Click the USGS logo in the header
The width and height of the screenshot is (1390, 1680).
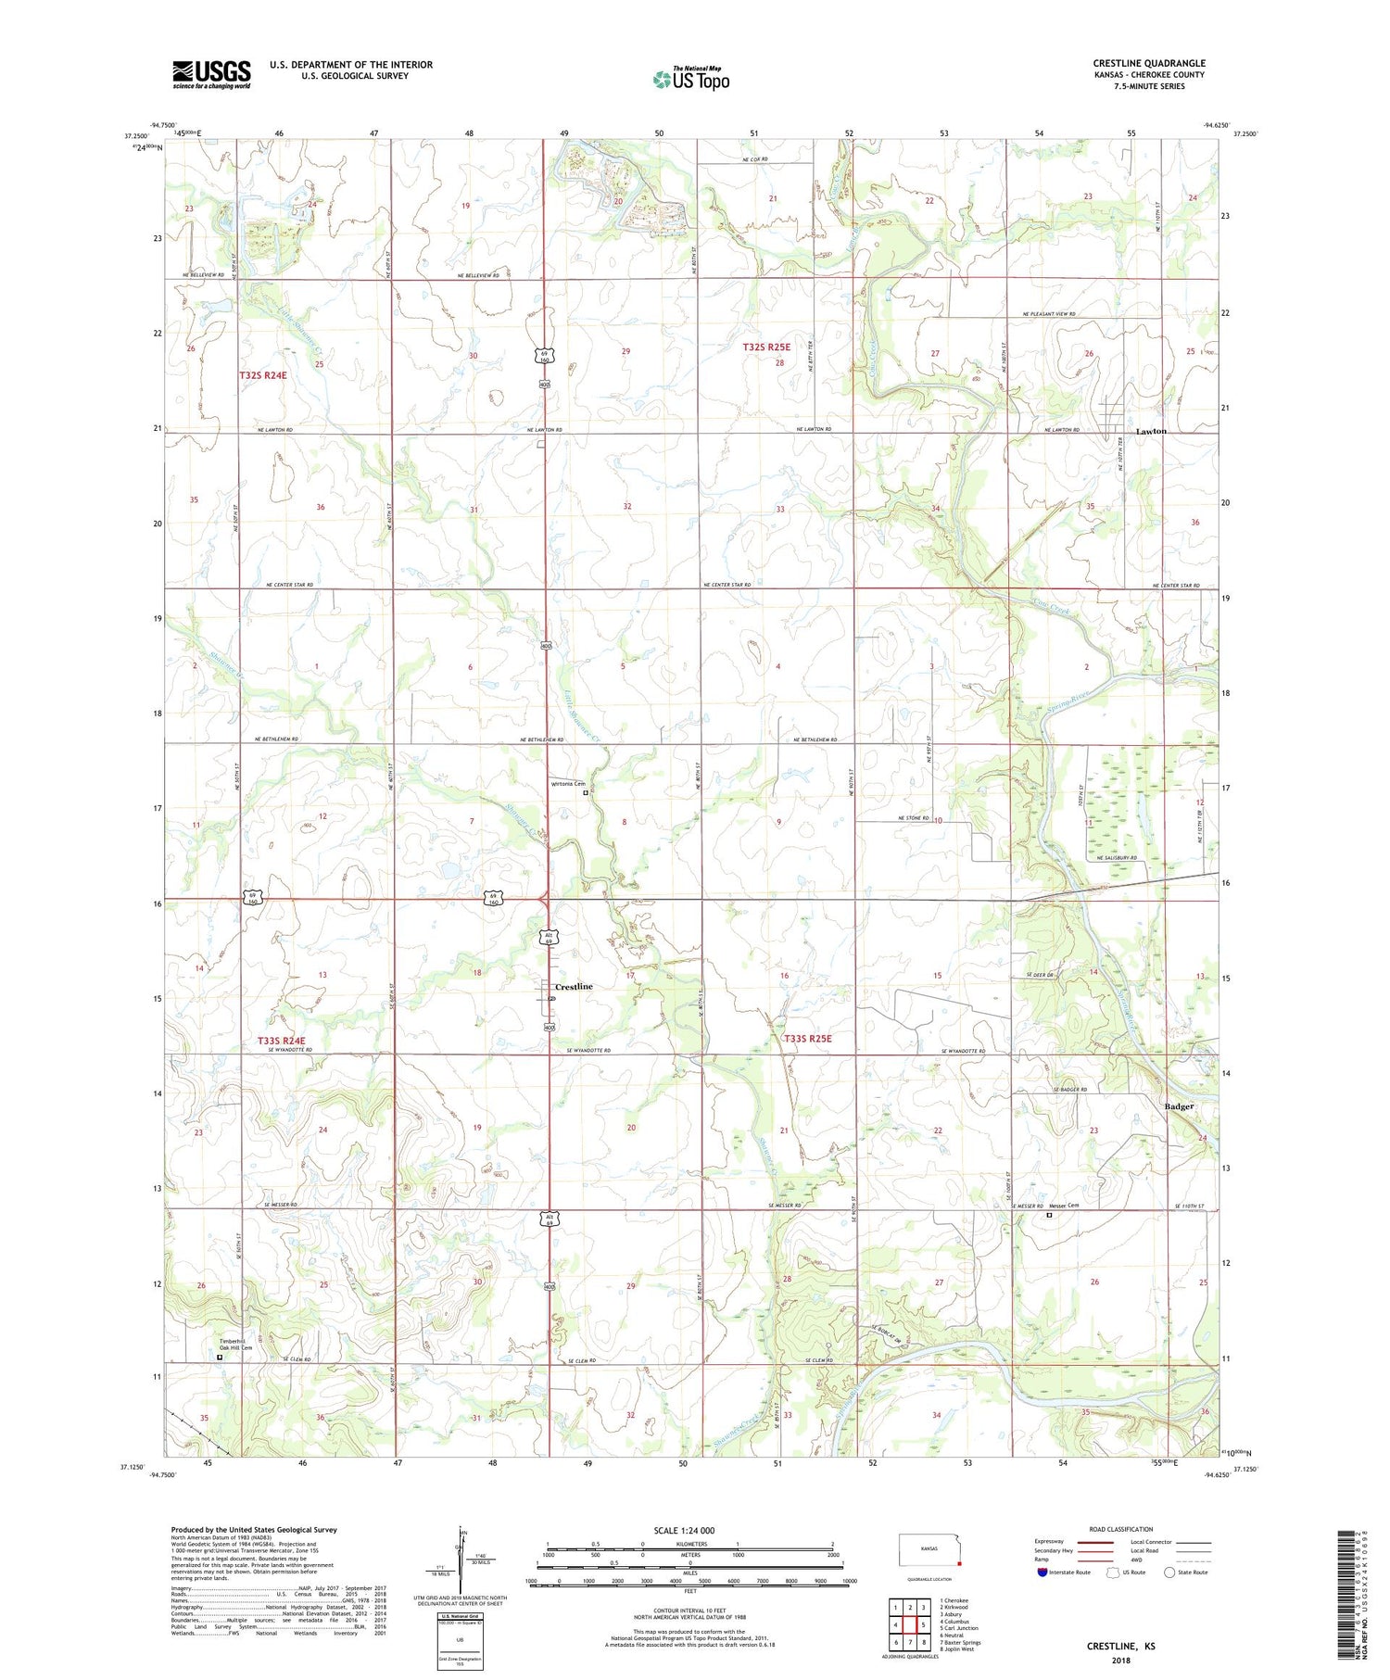tap(211, 74)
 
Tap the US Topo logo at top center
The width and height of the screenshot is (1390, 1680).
tap(690, 79)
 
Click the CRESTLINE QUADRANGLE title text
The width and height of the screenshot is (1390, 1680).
tap(1148, 63)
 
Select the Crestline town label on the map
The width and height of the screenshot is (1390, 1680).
tap(574, 987)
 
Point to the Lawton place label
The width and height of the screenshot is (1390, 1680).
tap(1151, 432)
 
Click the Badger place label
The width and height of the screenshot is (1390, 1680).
tap(1179, 1106)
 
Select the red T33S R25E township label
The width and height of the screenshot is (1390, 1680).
tap(807, 1039)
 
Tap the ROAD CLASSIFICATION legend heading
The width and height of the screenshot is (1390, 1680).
tap(1121, 1529)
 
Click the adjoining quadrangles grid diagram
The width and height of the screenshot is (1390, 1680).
tap(908, 1623)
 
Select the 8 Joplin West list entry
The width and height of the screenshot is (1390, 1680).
tap(956, 1649)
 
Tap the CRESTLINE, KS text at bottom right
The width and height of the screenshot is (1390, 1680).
tap(1120, 1647)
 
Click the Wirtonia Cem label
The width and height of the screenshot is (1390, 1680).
tap(568, 784)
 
